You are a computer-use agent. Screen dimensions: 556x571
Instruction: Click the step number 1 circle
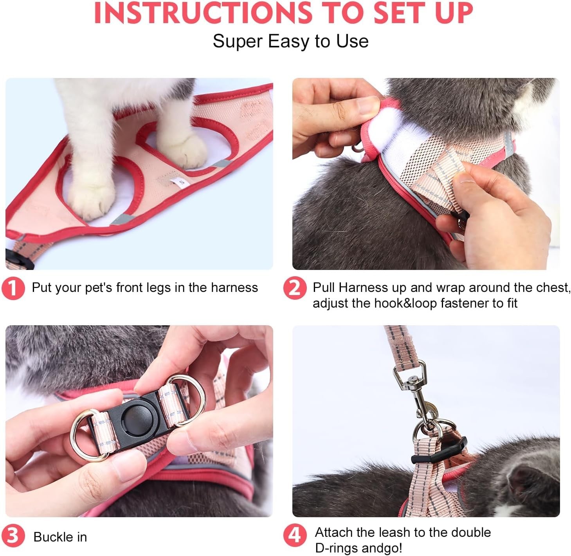(x=13, y=288)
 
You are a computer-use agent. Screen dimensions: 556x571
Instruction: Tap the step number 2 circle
(x=294, y=288)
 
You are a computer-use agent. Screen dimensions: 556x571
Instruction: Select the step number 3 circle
(x=13, y=536)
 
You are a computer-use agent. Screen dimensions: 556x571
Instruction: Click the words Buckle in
(x=60, y=537)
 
